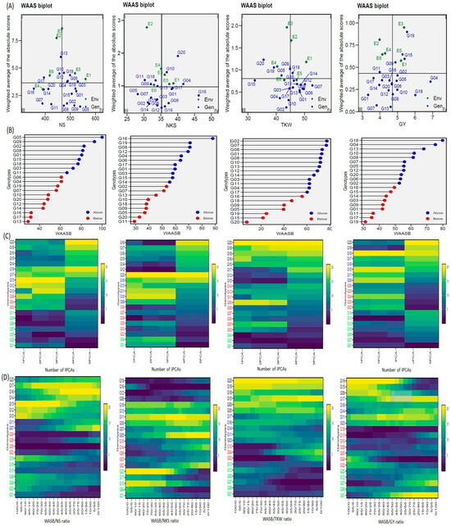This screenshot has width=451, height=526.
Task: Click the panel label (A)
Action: [x=7, y=7]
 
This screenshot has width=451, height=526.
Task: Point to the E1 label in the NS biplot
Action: [x=88, y=75]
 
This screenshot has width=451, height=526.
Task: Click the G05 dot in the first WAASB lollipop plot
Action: [x=101, y=138]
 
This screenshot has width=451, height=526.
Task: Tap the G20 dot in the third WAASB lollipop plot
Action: [x=250, y=220]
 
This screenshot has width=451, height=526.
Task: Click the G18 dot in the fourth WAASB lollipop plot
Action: [x=442, y=140]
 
